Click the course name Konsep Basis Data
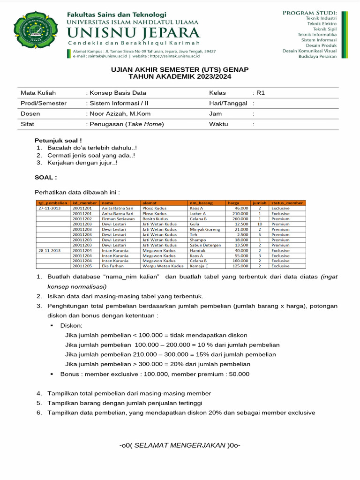coord(118,93)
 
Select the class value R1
coord(261,93)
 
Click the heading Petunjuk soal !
coord(58,140)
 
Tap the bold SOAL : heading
coord(46,178)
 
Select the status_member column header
coord(287,203)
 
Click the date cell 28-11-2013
coord(50,251)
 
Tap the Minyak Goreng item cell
coord(205,230)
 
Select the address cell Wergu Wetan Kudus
coord(163,266)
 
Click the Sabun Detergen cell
coord(205,245)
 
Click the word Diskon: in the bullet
coord(71,325)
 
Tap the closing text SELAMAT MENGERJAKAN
coord(180,445)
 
